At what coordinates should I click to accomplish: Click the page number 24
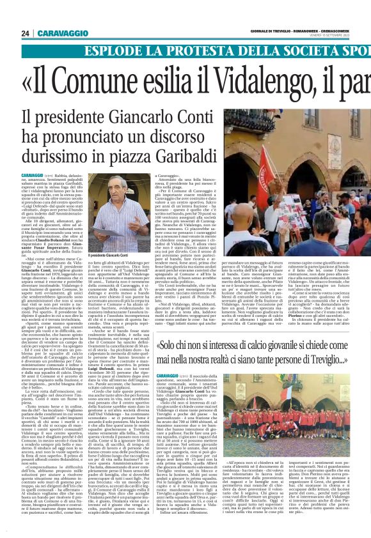click(x=25, y=33)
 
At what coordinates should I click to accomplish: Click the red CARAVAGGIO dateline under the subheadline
click(x=31, y=175)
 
